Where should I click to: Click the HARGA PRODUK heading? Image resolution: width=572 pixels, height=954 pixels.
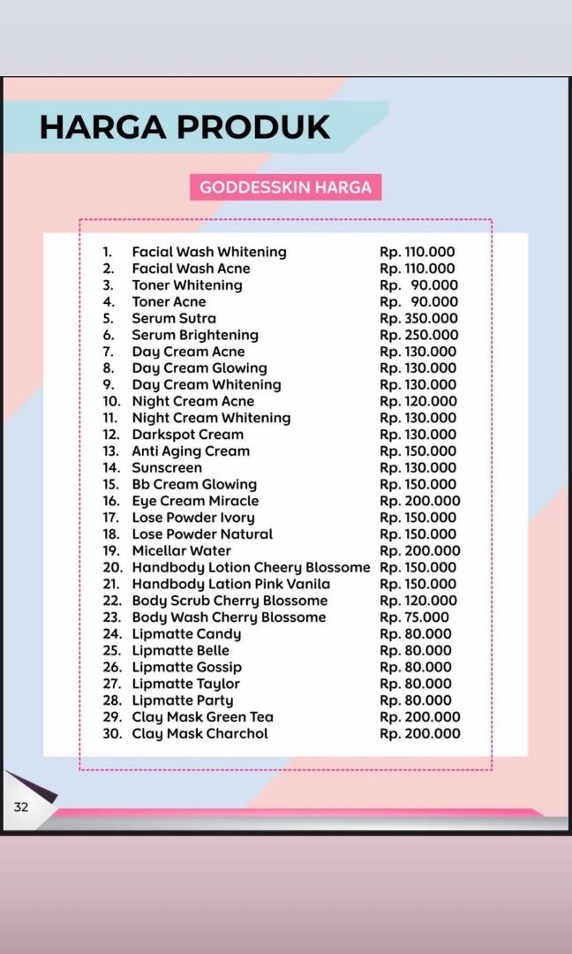(x=184, y=126)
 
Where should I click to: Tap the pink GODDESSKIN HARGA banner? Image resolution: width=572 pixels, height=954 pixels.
(x=285, y=187)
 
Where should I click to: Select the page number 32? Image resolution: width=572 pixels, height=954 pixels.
(x=20, y=806)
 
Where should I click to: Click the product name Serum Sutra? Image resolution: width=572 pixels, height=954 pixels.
(x=174, y=318)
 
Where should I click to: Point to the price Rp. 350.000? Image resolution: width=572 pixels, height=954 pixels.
(x=418, y=318)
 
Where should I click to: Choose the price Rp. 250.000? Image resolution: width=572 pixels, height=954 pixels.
(x=418, y=335)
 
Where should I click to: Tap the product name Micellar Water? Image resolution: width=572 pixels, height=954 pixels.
(x=181, y=550)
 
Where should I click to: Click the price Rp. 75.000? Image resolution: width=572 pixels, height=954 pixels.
(x=414, y=617)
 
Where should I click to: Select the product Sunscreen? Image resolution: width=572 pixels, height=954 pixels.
(x=167, y=467)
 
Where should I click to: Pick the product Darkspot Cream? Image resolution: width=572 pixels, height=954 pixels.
(x=187, y=435)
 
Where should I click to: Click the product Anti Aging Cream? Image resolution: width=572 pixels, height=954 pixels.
(x=191, y=451)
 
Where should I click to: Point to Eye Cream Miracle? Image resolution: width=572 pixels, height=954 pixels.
(x=195, y=501)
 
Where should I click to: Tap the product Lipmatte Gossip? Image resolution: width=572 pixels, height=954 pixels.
(x=186, y=667)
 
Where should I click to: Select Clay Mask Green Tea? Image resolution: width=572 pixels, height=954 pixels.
(x=202, y=717)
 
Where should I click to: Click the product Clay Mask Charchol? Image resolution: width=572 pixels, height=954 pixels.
(x=199, y=734)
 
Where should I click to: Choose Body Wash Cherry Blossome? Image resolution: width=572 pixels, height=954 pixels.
(x=229, y=617)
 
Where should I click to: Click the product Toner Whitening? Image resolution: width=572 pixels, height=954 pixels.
(x=186, y=285)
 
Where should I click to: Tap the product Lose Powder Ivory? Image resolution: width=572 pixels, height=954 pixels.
(x=192, y=518)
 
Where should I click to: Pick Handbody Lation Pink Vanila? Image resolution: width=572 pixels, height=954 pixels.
(x=230, y=584)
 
